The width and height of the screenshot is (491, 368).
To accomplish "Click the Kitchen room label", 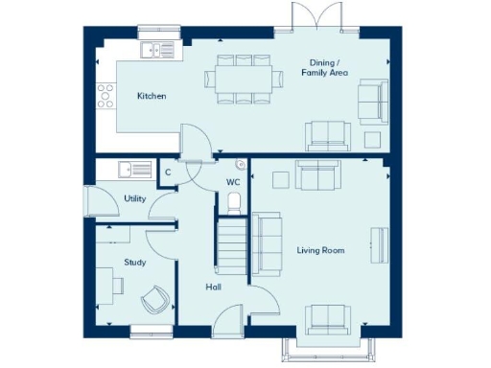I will pos(152,96).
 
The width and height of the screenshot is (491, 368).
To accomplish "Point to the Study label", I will pos(134,262).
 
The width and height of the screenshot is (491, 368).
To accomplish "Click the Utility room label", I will pos(135,198).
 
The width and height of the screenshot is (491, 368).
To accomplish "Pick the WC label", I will pos(233,181).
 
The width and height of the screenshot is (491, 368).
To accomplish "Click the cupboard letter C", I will pos(168,172).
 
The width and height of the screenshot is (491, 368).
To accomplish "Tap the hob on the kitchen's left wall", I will pos(103,94).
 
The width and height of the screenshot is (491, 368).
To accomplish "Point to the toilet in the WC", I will pos(233,201).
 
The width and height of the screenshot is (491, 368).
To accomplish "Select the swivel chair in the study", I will pos(154,300).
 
